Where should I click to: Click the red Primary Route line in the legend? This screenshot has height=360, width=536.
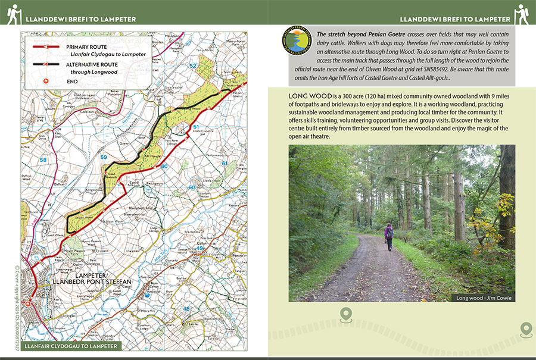tap(45, 46)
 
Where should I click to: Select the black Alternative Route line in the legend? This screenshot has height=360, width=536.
tap(45, 64)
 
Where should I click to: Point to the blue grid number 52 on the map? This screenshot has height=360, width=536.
tap(192, 65)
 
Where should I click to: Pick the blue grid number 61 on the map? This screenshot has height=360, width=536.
tap(225, 163)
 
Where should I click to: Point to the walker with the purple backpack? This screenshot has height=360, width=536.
tap(389, 236)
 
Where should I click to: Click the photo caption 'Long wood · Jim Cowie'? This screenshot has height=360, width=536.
tap(483, 297)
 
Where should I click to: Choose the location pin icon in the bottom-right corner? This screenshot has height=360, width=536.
tap(525, 328)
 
